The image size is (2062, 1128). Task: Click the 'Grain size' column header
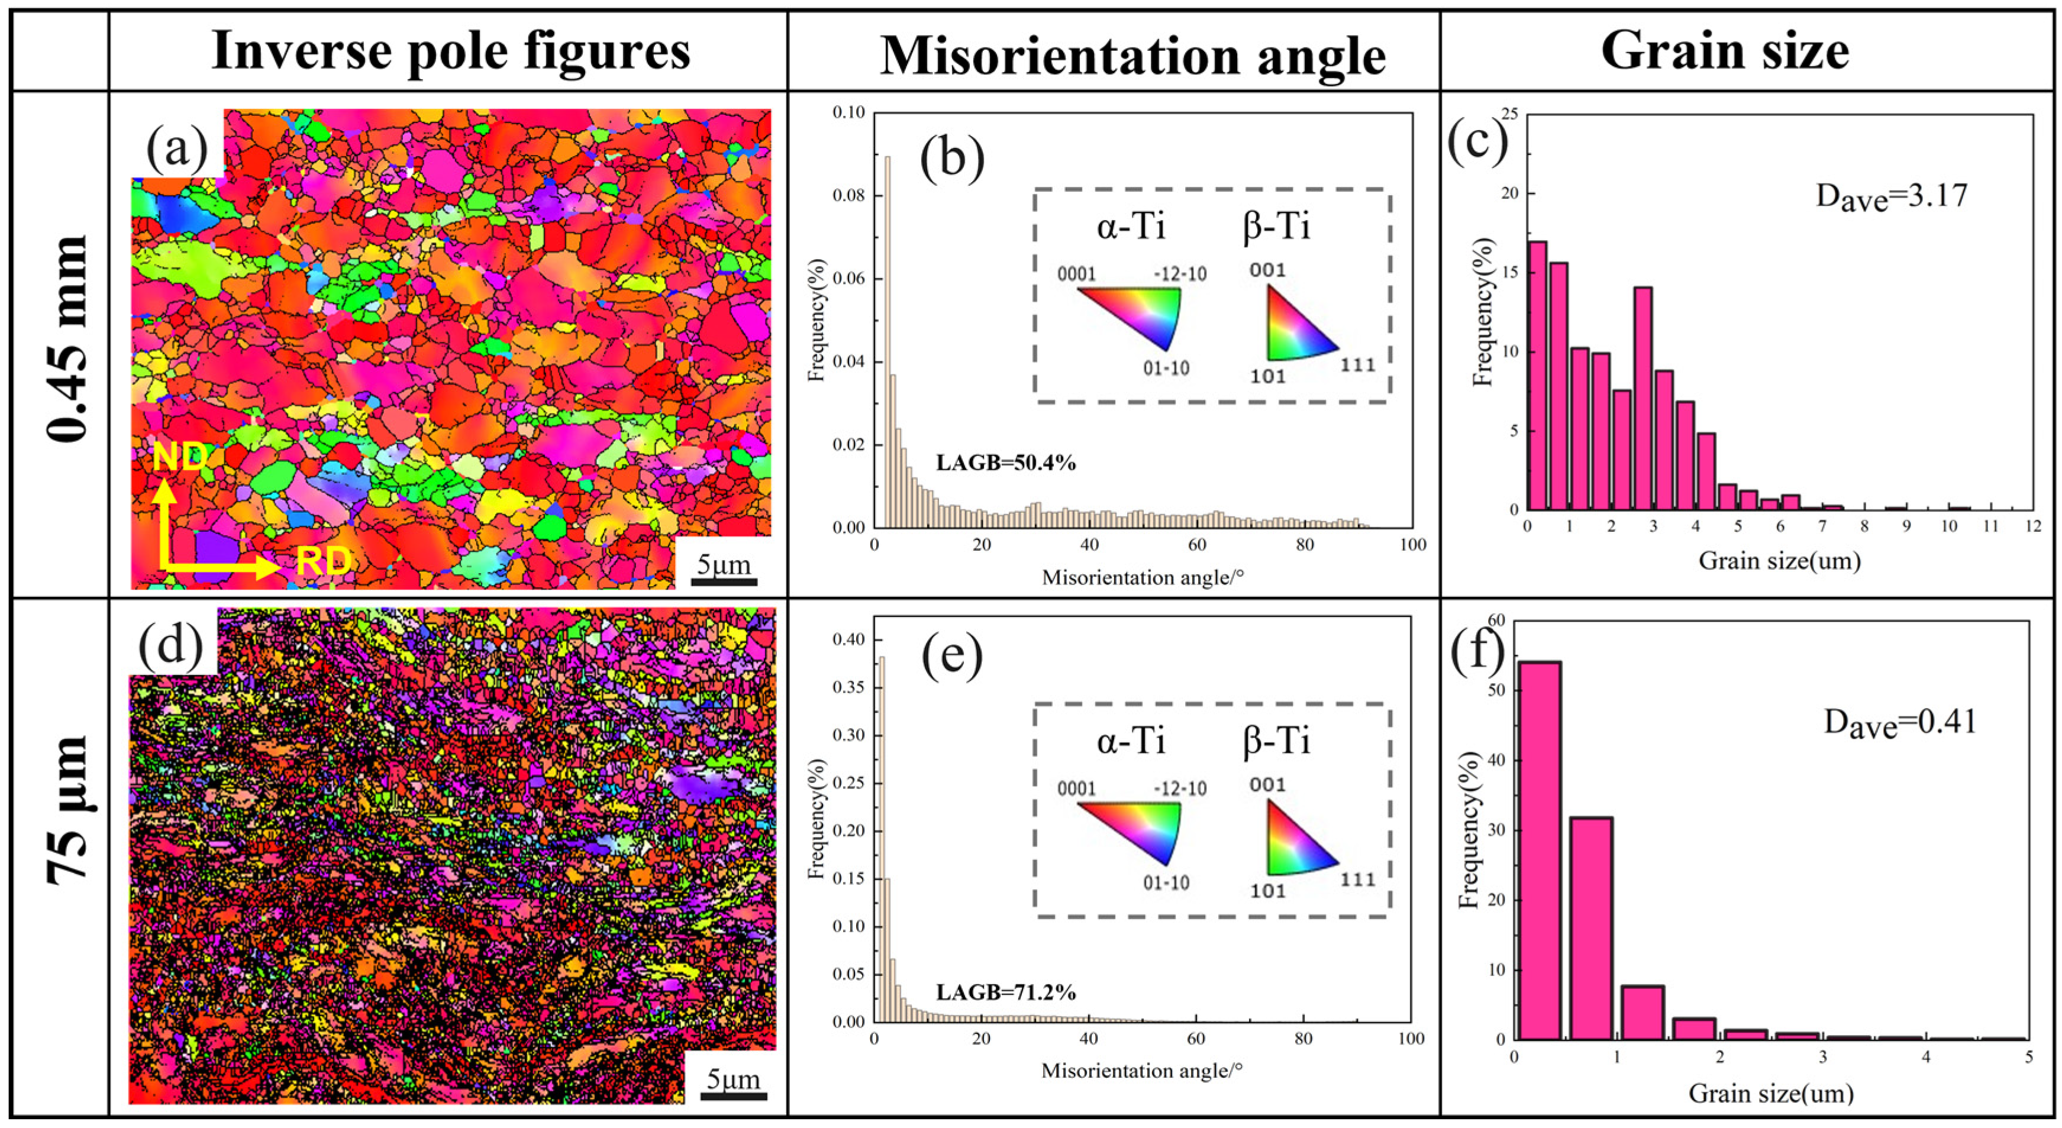pos(1725,51)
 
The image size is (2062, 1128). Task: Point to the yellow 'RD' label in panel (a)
pos(324,561)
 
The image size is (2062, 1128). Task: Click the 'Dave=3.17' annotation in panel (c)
pos(1890,196)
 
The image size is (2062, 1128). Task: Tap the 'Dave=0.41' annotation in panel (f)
pos(1899,722)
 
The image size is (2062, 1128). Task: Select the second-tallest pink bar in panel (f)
pos(1590,928)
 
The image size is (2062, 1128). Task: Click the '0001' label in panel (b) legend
pos(1076,275)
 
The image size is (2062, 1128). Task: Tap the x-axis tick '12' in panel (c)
pos(2032,526)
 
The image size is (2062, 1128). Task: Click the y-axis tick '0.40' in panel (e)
pos(848,639)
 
